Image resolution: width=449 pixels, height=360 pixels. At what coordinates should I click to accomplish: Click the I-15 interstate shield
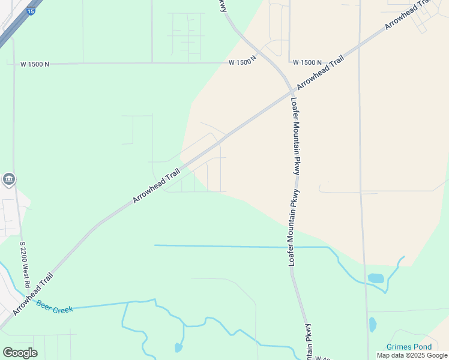coord(31,11)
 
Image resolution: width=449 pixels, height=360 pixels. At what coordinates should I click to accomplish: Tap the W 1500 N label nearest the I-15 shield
coord(34,63)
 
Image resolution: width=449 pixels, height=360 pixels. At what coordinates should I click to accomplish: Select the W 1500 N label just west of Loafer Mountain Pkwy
coord(243,62)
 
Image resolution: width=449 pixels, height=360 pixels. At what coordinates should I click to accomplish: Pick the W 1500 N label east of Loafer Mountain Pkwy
coord(307,62)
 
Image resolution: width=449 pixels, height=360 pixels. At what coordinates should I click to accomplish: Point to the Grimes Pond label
coord(409,347)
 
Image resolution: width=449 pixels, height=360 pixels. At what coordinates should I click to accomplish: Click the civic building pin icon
coord(9,179)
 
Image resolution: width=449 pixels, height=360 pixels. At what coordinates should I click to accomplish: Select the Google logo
coord(20,353)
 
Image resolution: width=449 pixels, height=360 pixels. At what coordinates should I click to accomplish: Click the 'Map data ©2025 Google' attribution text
coord(412,355)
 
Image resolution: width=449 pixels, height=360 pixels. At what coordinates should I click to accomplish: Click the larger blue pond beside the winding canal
coord(376,278)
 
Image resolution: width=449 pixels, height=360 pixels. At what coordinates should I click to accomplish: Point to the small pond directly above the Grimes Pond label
coord(373,325)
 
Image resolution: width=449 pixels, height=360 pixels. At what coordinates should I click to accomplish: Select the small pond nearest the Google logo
coord(178,347)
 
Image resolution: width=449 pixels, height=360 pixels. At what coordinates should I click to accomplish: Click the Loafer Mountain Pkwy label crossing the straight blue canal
coord(294,229)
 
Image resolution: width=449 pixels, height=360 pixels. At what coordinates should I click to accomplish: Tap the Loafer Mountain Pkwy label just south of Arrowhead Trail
coord(295,134)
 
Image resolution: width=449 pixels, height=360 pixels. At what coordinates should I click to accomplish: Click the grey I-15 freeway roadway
coord(13,30)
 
